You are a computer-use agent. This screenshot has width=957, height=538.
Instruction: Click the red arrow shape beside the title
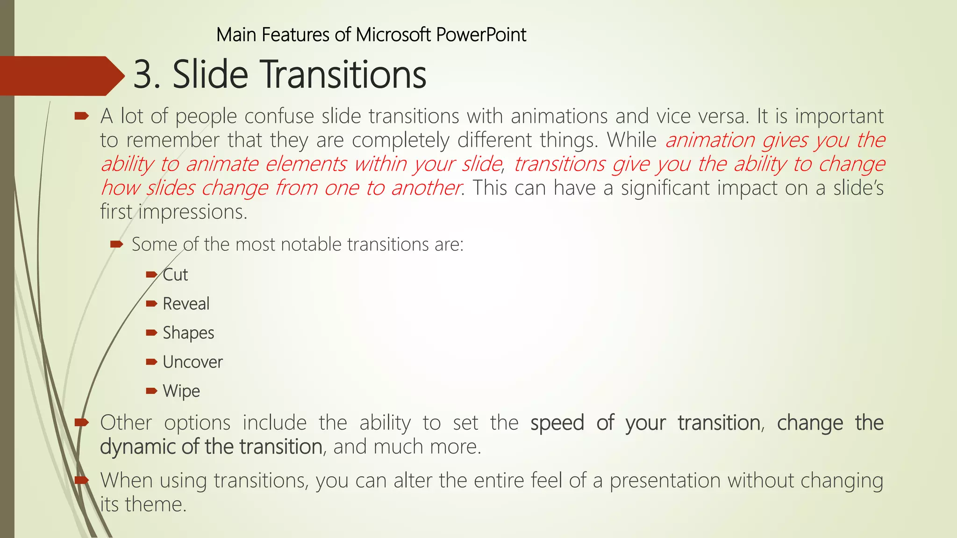pos(61,76)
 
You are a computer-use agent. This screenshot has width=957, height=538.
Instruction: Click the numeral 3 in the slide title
pos(145,75)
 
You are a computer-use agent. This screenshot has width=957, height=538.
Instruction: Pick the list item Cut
pos(175,275)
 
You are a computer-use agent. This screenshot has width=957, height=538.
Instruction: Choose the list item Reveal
pos(186,304)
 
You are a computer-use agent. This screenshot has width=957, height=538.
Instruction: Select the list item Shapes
pos(188,333)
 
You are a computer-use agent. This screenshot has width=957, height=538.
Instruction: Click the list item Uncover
pos(193,362)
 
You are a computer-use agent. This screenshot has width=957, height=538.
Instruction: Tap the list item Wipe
pos(181,391)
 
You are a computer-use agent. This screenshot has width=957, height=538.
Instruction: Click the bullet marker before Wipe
pos(151,391)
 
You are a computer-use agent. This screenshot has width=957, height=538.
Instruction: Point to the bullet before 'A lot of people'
pos(81,115)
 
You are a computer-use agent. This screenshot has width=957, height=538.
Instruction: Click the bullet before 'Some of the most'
pos(116,244)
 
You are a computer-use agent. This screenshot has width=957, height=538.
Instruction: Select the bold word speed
pos(557,423)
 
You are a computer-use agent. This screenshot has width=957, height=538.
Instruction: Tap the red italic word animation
pos(710,140)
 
